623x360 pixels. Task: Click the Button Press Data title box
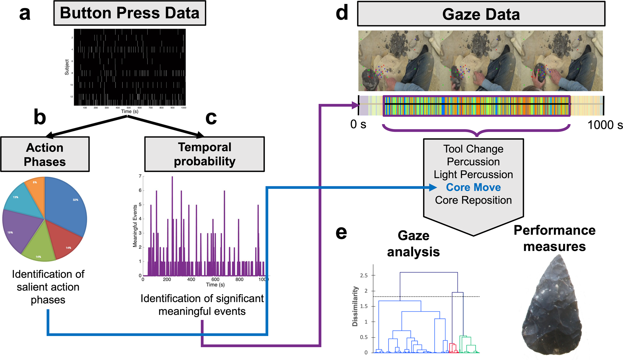tap(130, 13)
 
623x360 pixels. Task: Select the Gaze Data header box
tap(481, 14)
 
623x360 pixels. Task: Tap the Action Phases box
tap(45, 154)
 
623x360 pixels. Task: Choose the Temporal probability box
tap(204, 154)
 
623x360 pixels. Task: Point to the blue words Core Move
tap(473, 187)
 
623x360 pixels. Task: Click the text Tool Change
tap(473, 149)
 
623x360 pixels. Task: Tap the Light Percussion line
tap(473, 175)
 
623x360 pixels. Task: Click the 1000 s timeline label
tap(605, 125)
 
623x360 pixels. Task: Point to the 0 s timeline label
tap(358, 124)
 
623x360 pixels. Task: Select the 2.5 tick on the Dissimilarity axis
tap(364, 276)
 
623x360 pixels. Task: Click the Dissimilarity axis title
tap(355, 306)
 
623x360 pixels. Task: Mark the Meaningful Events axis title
tap(135, 226)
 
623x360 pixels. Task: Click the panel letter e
tap(341, 233)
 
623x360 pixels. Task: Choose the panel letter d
tap(342, 13)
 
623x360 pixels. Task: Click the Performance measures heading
tap(554, 238)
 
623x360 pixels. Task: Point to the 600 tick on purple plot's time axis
tap(215, 280)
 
